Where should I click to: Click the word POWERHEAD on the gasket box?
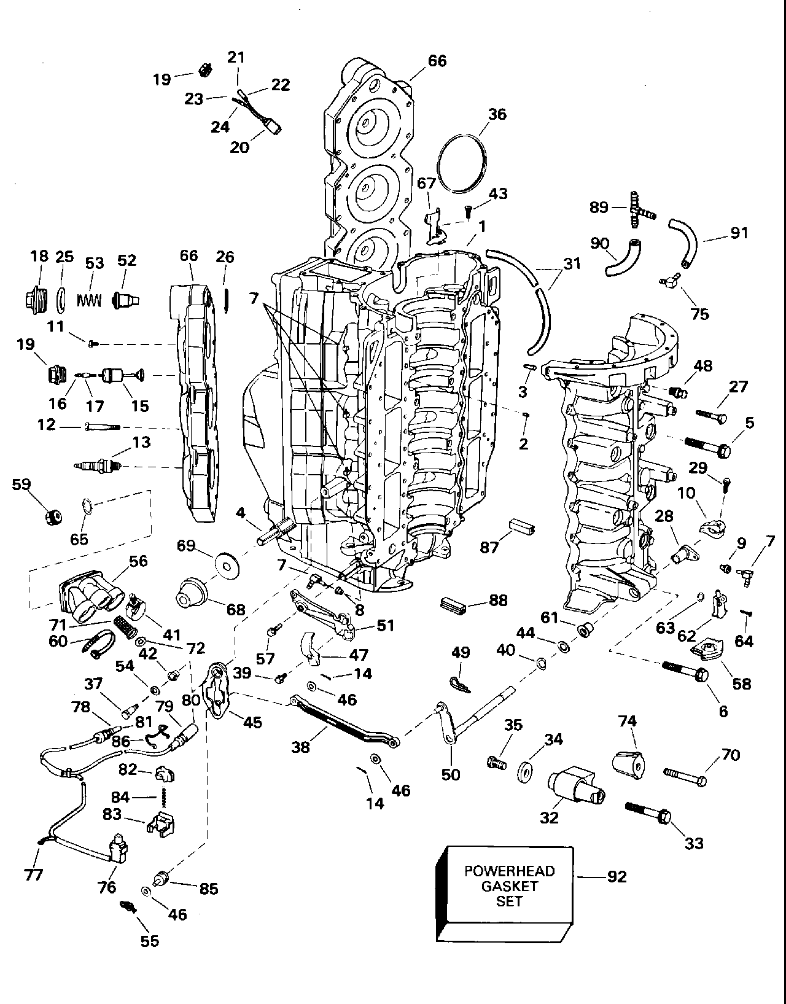coord(509,871)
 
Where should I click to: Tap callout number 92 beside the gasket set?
coord(617,876)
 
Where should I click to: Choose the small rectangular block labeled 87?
coord(522,526)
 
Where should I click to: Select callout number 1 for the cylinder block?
coord(482,227)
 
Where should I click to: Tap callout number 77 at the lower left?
coord(34,874)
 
